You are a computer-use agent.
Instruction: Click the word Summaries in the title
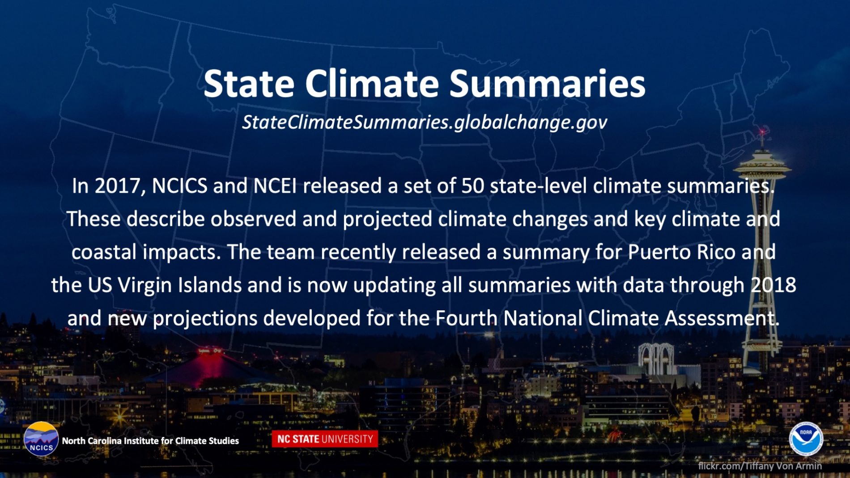coord(547,84)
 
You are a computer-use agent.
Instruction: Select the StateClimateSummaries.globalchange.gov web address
coord(425,122)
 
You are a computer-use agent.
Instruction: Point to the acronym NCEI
coord(275,186)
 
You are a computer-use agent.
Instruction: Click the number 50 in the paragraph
coord(472,186)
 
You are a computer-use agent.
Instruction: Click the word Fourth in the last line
coord(467,318)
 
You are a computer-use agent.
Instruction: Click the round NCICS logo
coord(41,439)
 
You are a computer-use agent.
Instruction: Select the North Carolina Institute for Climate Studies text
coord(150,441)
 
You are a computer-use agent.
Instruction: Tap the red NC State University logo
coord(325,439)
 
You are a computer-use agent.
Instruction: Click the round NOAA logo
coord(806,439)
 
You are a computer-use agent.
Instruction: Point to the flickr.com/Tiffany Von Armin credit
coord(760,466)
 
